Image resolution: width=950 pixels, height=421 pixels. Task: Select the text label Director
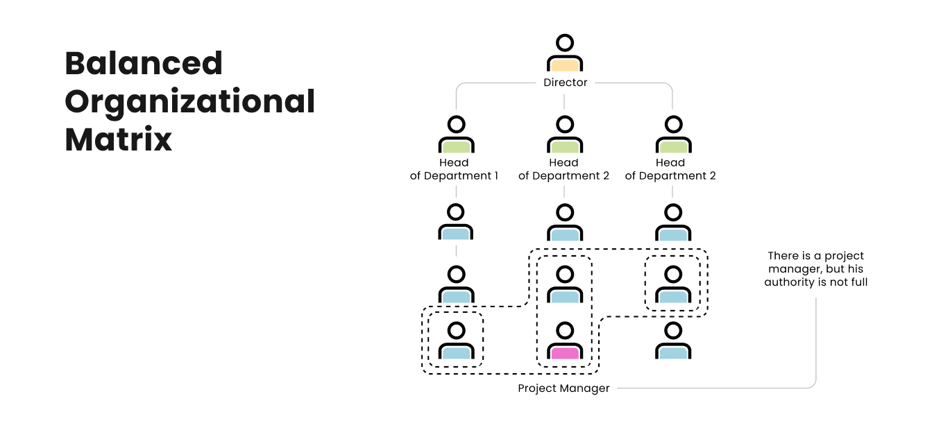pyautogui.click(x=565, y=83)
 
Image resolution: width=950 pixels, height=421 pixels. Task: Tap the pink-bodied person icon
pyautogui.click(x=564, y=341)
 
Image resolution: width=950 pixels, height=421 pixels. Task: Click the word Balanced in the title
pyautogui.click(x=144, y=64)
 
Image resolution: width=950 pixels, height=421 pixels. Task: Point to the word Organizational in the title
pyautogui.click(x=190, y=102)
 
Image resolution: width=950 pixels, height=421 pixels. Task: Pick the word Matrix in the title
pyautogui.click(x=118, y=139)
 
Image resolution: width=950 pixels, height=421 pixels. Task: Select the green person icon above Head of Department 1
pyautogui.click(x=456, y=135)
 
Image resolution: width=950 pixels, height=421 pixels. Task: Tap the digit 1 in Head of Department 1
pyautogui.click(x=495, y=176)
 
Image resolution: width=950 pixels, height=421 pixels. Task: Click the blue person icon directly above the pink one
pyautogui.click(x=564, y=284)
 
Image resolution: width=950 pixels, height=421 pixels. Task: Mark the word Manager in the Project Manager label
pyautogui.click(x=586, y=388)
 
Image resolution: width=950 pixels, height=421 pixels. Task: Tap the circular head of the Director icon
pyautogui.click(x=565, y=43)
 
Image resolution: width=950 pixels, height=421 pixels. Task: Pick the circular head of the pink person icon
pyautogui.click(x=565, y=329)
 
